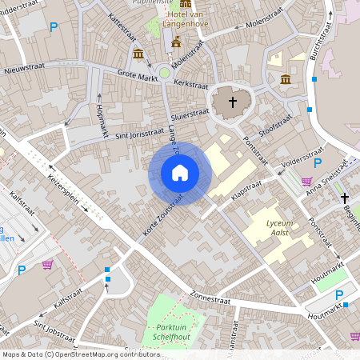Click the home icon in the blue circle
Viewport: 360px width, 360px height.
click(180, 173)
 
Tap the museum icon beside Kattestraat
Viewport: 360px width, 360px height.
click(138, 54)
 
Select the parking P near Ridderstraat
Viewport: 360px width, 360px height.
click(54, 27)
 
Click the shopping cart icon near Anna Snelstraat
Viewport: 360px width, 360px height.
click(306, 181)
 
